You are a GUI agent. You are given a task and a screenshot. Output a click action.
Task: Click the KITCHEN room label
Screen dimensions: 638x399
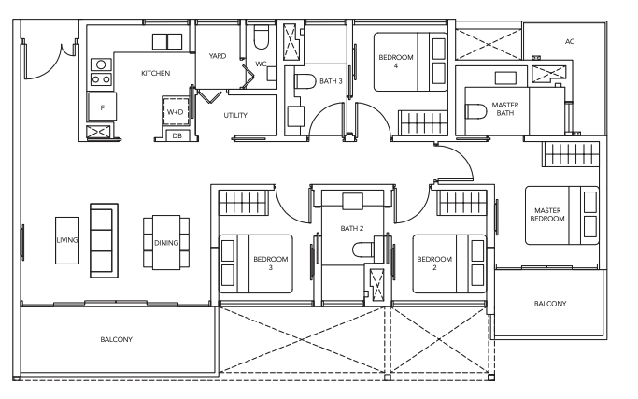[x=155, y=73]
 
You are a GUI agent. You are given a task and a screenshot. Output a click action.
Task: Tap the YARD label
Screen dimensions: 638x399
[x=218, y=56]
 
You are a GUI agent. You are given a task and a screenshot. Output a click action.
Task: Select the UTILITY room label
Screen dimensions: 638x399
[x=235, y=115]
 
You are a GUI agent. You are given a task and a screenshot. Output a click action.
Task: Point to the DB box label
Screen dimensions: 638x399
[x=177, y=136]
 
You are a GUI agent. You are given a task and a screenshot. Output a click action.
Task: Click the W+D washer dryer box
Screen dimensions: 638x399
[x=176, y=111]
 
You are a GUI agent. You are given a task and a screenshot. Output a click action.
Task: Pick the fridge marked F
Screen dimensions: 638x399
[x=102, y=107]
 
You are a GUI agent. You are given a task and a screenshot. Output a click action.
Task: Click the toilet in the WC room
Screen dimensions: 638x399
[x=262, y=37]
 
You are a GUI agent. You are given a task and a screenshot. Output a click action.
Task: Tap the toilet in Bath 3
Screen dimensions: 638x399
[x=305, y=81]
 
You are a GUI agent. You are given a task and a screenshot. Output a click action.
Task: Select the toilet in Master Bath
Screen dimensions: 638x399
[x=476, y=111]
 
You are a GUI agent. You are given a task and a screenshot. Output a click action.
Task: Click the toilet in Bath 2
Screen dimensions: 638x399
[x=363, y=249]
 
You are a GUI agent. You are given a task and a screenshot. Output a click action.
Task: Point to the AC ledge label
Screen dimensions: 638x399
[x=570, y=41]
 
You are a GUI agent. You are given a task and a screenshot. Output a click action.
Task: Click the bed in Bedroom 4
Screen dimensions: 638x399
[x=411, y=62]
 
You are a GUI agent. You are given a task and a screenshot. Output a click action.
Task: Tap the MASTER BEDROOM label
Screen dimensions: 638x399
[x=547, y=215]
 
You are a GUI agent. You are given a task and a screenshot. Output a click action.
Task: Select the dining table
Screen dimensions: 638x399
[x=166, y=242]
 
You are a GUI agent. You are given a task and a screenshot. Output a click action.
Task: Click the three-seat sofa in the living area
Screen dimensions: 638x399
[x=105, y=241]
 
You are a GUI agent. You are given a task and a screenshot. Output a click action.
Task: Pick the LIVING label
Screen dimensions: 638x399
[x=67, y=240]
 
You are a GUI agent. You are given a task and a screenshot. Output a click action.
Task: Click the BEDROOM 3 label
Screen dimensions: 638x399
[x=271, y=263]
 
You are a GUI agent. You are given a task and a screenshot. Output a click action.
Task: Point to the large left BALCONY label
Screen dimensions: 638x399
[x=117, y=339]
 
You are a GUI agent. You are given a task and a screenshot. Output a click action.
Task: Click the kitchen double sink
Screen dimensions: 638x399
[x=167, y=42]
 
